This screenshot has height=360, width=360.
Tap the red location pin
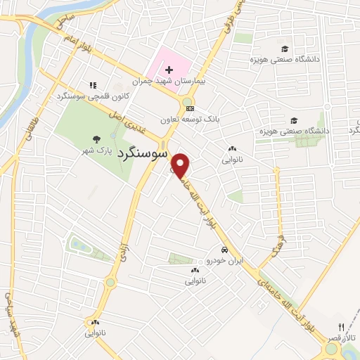click(181, 165)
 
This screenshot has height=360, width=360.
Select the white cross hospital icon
click(168, 70)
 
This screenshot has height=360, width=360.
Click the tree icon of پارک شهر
click(96, 140)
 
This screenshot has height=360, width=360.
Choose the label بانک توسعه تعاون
click(191, 120)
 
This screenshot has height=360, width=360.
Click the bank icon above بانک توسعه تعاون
click(189, 110)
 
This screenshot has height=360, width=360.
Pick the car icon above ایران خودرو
click(224, 250)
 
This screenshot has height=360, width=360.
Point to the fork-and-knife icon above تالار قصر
click(342, 328)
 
